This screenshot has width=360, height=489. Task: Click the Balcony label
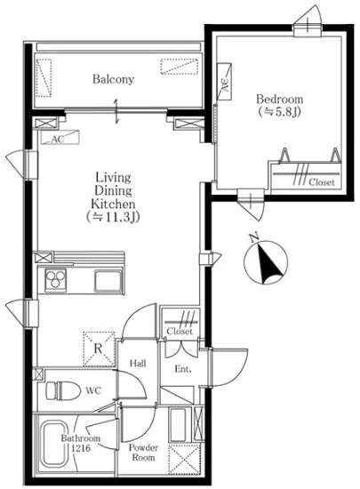[113, 79]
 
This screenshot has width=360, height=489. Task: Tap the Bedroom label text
[279, 100]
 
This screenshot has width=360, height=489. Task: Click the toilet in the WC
[62, 391]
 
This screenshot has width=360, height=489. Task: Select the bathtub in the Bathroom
[55, 445]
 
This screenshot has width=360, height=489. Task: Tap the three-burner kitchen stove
[55, 278]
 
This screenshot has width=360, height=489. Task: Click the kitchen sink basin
[108, 281]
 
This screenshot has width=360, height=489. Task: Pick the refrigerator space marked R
[99, 349]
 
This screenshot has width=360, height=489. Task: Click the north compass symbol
[266, 262]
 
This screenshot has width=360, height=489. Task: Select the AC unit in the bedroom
[224, 82]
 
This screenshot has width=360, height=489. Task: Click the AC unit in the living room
[60, 138]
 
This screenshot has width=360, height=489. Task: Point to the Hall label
[138, 364]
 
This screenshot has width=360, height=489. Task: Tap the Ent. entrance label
[183, 369]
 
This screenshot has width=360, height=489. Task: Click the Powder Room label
[143, 453]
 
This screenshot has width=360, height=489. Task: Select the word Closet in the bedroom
[322, 182]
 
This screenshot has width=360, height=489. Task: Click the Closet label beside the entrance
[180, 331]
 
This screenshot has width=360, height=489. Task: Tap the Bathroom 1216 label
[80, 443]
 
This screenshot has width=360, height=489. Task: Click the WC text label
[93, 390]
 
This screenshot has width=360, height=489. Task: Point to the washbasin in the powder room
[178, 424]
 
